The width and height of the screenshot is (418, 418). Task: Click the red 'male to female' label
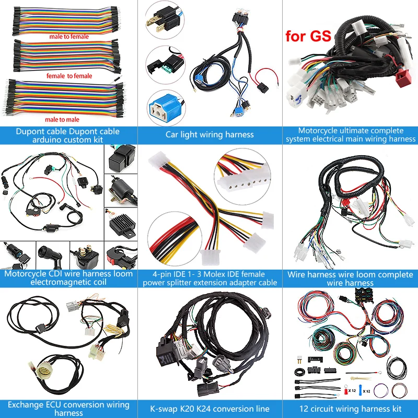69,37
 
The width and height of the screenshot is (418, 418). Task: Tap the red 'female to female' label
69,76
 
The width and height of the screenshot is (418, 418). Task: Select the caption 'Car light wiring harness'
209,135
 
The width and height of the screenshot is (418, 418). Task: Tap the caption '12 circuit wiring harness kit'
350,409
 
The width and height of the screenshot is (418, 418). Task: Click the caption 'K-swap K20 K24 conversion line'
209,409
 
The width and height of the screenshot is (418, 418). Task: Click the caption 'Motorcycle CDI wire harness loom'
68,274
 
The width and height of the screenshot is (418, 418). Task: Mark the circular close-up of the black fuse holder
164,65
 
